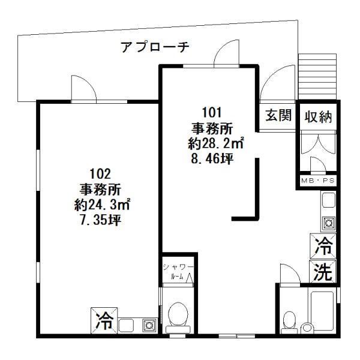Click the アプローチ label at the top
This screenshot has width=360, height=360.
tap(155, 47)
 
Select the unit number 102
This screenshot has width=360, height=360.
tap(100, 175)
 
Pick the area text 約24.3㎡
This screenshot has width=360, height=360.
tap(100, 205)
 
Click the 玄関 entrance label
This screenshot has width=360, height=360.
tap(279, 116)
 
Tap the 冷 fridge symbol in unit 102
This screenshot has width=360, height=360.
tap(101, 319)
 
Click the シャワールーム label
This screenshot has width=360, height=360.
tap(178, 272)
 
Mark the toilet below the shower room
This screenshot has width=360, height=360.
tap(178, 315)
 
